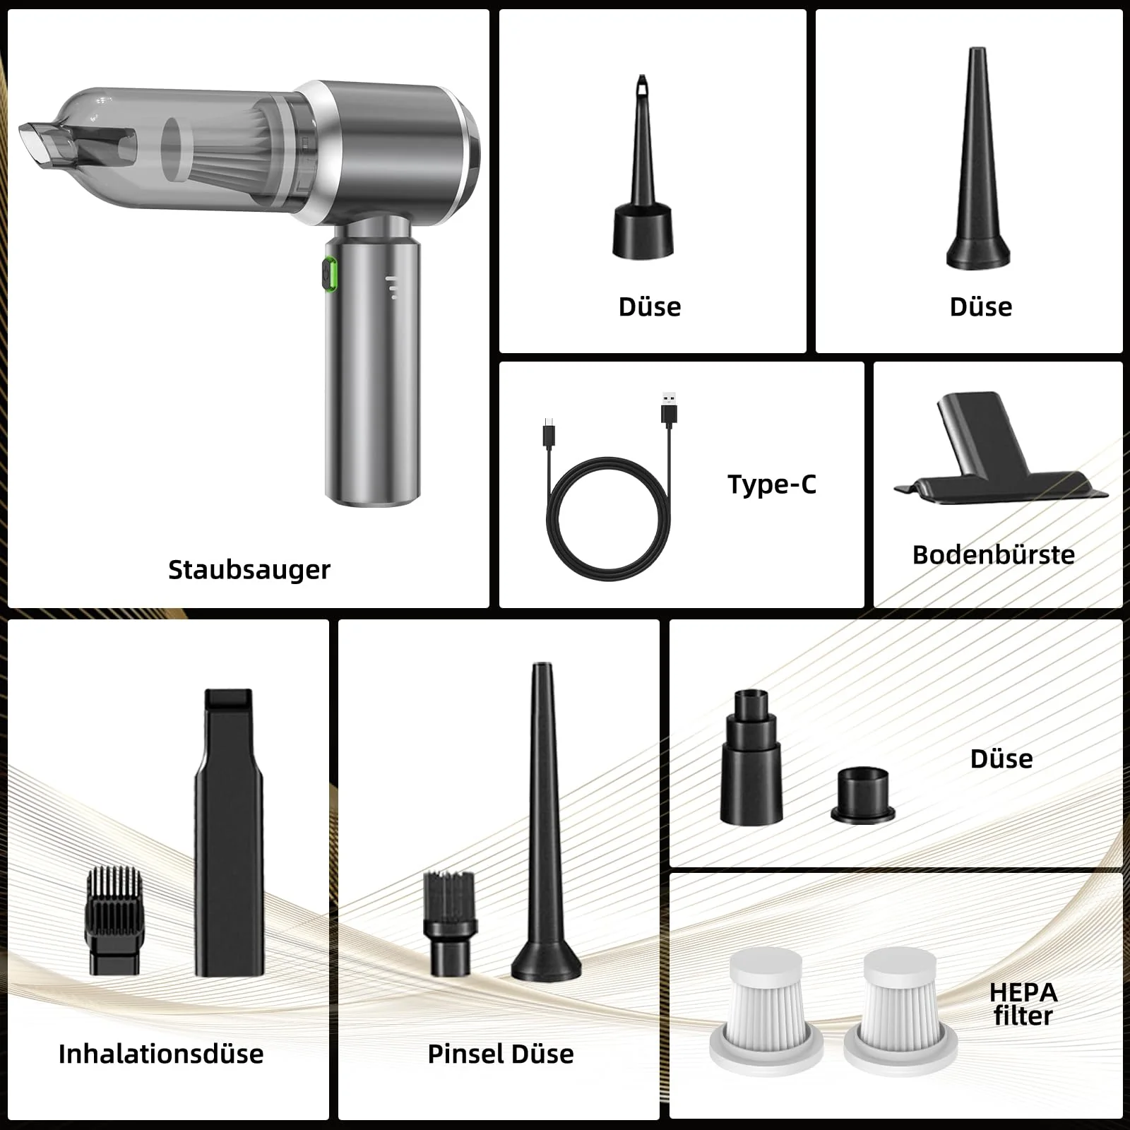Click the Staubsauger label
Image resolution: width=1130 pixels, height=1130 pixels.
click(249, 570)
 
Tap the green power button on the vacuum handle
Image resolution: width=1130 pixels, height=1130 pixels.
click(330, 275)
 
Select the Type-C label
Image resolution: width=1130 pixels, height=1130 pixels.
click(772, 484)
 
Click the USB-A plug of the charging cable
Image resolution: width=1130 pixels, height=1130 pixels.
click(669, 409)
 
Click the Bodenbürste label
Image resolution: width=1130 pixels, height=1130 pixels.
click(994, 554)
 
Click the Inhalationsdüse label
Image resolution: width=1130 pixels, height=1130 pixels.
click(161, 1054)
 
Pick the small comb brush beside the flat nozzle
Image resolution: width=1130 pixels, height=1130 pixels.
click(114, 921)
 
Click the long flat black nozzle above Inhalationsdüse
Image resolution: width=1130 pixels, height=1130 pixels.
click(229, 833)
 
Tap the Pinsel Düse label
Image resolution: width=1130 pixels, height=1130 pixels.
click(501, 1054)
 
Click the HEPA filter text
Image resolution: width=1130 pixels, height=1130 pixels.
click(1023, 1004)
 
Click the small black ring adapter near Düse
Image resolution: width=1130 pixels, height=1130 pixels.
click(863, 796)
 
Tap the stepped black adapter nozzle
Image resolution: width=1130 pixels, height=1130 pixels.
click(751, 756)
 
